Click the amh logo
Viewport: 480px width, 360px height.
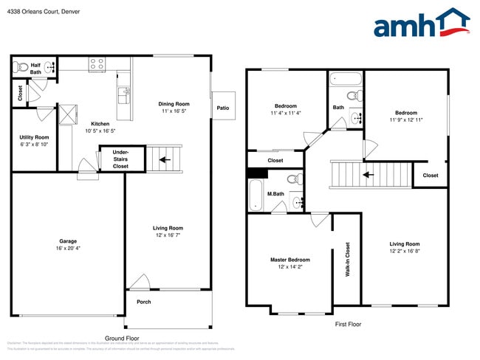pyautogui.click(x=421, y=24)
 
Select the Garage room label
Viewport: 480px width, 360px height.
pyautogui.click(x=68, y=241)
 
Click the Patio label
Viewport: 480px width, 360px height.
pyautogui.click(x=223, y=108)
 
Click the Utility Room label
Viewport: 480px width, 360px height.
pyautogui.click(x=34, y=137)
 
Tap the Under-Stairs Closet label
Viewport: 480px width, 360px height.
pyautogui.click(x=120, y=159)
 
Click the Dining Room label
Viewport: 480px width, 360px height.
pyautogui.click(x=174, y=104)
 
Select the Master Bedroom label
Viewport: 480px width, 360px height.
pyautogui.click(x=290, y=260)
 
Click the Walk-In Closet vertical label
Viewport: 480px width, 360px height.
pyautogui.click(x=347, y=260)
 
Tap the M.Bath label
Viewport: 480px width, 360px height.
pyautogui.click(x=275, y=194)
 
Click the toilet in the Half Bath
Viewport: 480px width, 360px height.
pyautogui.click(x=21, y=67)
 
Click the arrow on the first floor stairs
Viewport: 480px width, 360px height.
pyautogui.click(x=368, y=176)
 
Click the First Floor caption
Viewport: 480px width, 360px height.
pyautogui.click(x=349, y=324)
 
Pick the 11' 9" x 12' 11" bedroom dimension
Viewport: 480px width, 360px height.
pyautogui.click(x=406, y=120)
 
